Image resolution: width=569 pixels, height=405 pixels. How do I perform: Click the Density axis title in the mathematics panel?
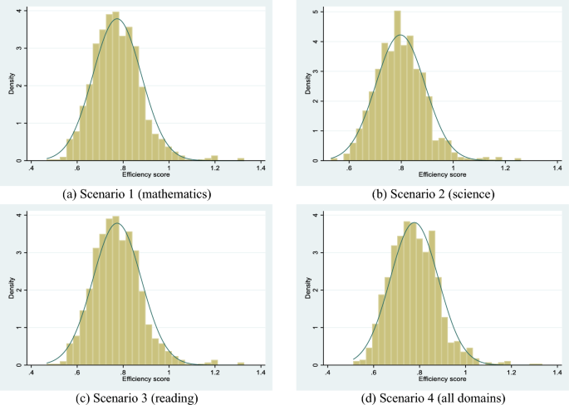point(12,85)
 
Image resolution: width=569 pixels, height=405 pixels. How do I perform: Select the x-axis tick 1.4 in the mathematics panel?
point(260,169)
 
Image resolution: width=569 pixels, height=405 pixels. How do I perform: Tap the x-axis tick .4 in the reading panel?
point(32,373)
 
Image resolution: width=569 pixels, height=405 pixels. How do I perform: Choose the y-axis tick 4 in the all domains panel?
point(311,215)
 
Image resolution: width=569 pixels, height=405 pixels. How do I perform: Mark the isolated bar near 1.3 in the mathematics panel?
point(241,159)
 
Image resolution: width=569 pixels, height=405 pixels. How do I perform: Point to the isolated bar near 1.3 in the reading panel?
point(241,363)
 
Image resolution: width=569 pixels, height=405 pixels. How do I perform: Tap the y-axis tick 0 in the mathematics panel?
point(21,160)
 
